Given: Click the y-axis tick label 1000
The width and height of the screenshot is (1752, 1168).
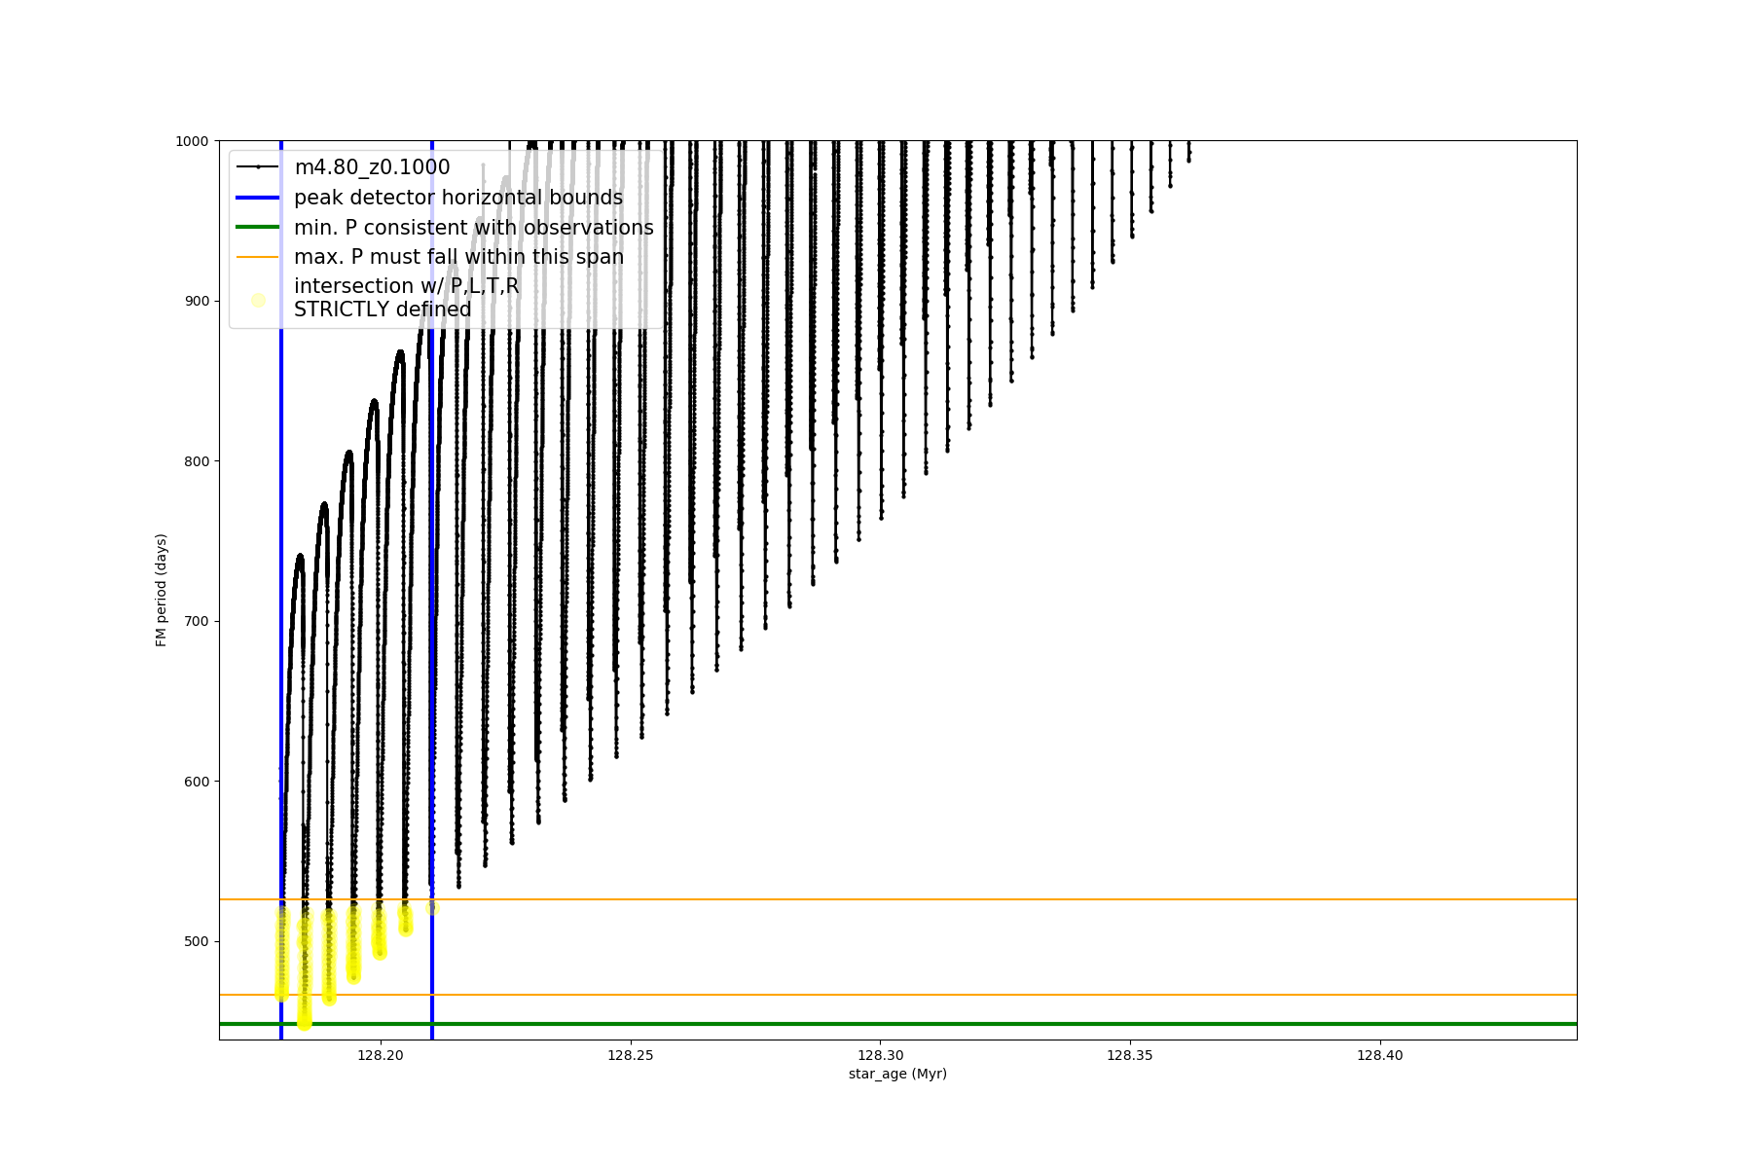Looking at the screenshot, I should click(x=192, y=141).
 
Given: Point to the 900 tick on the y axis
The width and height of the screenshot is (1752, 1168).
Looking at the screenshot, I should click(x=196, y=301).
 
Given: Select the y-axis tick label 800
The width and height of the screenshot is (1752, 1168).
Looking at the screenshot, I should click(x=196, y=461).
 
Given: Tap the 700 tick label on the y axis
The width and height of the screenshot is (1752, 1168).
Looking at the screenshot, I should click(x=196, y=621).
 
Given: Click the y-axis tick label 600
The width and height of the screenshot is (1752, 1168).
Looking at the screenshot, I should click(x=196, y=782).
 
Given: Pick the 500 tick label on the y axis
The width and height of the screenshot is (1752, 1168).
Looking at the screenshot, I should click(x=196, y=941).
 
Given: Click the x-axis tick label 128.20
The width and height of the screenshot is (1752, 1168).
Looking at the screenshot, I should click(x=381, y=1055).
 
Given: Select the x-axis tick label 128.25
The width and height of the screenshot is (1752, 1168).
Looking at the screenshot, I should click(x=631, y=1055).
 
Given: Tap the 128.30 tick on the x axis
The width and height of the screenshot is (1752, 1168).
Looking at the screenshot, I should click(x=880, y=1055).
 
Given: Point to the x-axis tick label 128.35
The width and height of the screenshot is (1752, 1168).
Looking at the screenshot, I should click(x=1130, y=1055).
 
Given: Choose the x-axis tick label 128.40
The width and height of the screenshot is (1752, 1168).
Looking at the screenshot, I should click(x=1380, y=1055).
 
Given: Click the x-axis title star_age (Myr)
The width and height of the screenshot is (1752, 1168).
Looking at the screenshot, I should click(x=897, y=1074).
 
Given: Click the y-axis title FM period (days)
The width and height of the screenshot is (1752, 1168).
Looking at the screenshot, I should click(x=162, y=590).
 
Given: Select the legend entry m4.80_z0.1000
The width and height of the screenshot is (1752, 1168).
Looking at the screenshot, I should click(x=372, y=167).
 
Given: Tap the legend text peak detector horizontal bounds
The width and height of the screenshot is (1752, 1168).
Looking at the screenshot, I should click(x=457, y=198).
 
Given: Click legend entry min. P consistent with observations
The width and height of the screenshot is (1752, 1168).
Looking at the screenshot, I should click(x=473, y=228).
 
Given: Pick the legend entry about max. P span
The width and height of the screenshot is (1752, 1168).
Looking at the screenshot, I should click(x=458, y=257).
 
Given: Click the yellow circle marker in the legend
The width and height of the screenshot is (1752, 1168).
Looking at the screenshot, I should click(x=258, y=300).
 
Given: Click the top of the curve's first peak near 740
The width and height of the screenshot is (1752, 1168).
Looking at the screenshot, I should click(x=300, y=555).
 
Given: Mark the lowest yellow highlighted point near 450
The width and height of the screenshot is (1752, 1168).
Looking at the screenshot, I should click(x=305, y=1023).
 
